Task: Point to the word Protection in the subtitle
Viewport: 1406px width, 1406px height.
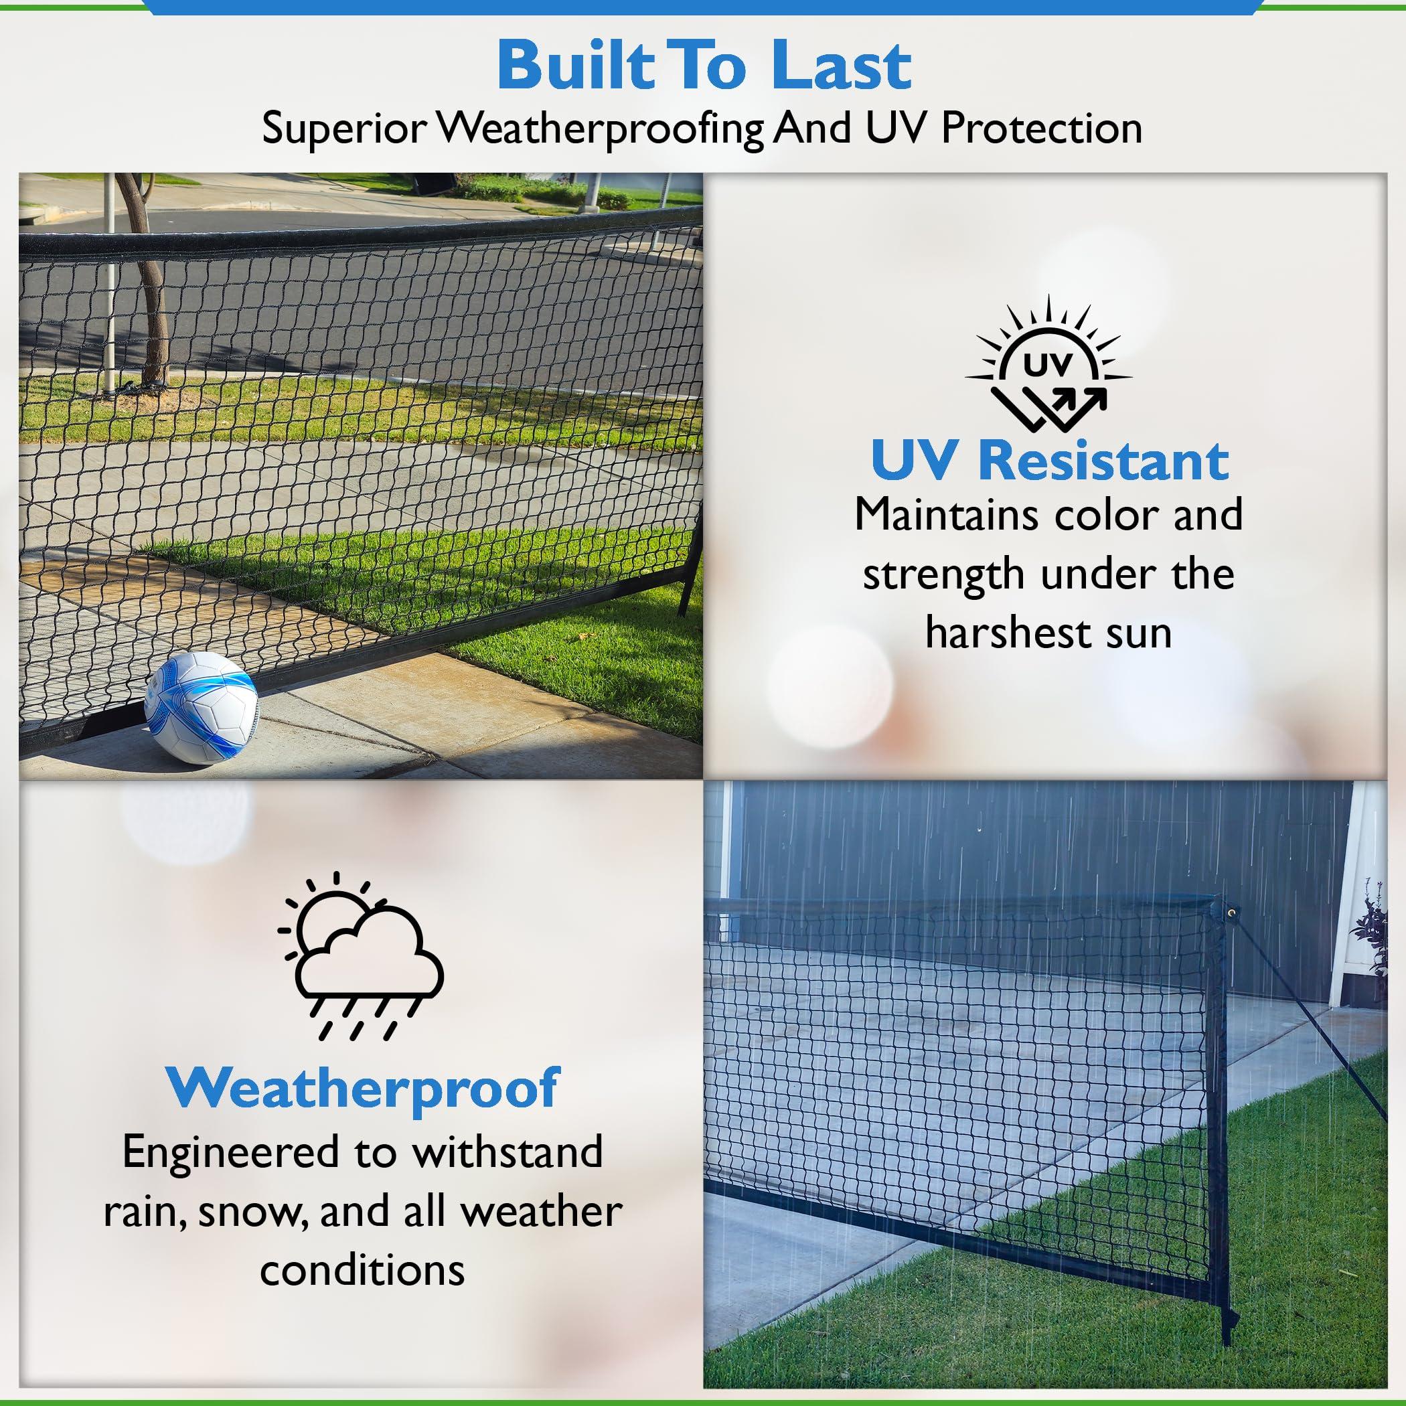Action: click(x=1041, y=129)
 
